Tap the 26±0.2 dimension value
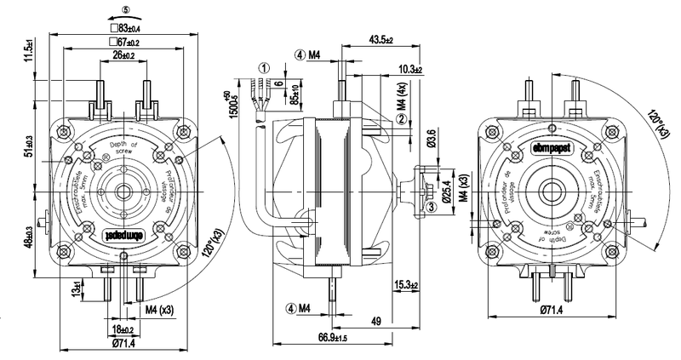(x=124, y=55)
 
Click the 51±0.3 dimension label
(x=29, y=146)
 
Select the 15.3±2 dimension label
(x=409, y=283)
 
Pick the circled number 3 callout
(x=432, y=205)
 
